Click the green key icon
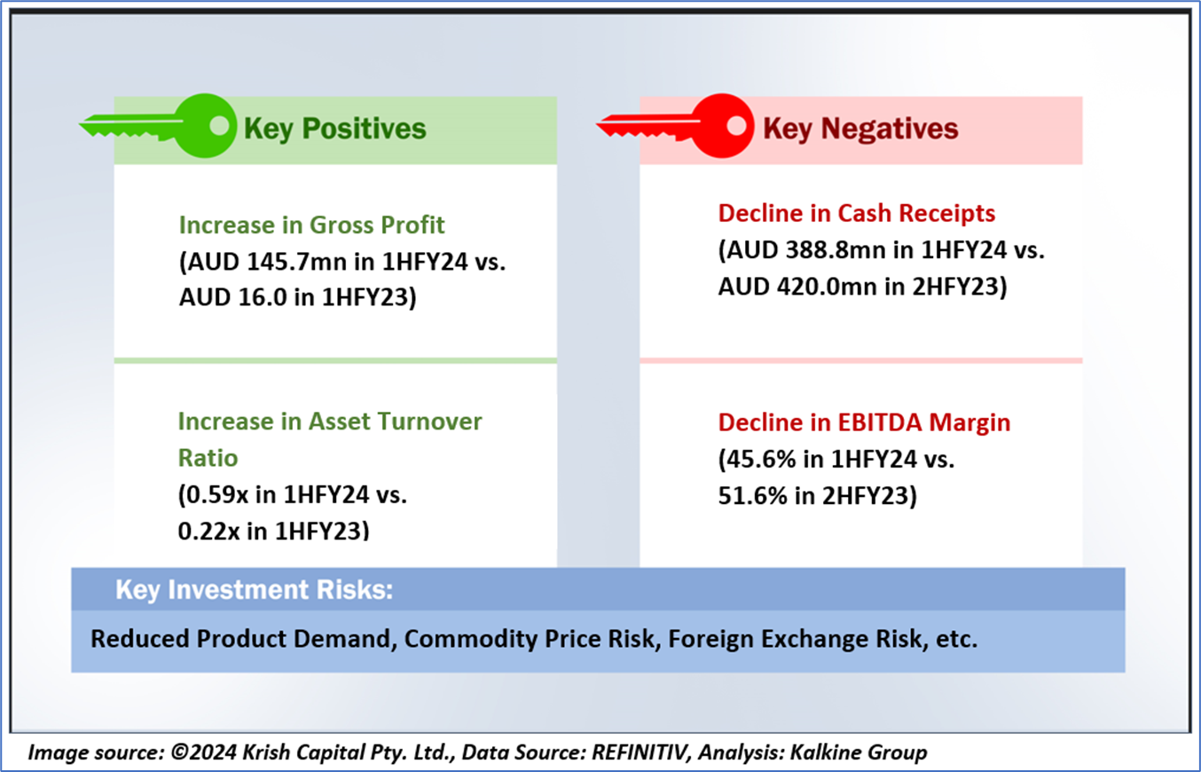pyautogui.click(x=161, y=126)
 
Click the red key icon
pyautogui.click(x=677, y=126)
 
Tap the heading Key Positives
pyautogui.click(x=335, y=130)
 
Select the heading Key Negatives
pyautogui.click(x=860, y=130)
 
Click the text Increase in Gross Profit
pyautogui.click(x=311, y=225)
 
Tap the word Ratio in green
pyautogui.click(x=208, y=458)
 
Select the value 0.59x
pyautogui.click(x=217, y=494)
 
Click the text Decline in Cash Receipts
pyautogui.click(x=856, y=214)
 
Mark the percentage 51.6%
pyautogui.click(x=753, y=496)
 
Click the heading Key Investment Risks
pyautogui.click(x=255, y=589)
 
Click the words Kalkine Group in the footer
pyautogui.click(x=859, y=752)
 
